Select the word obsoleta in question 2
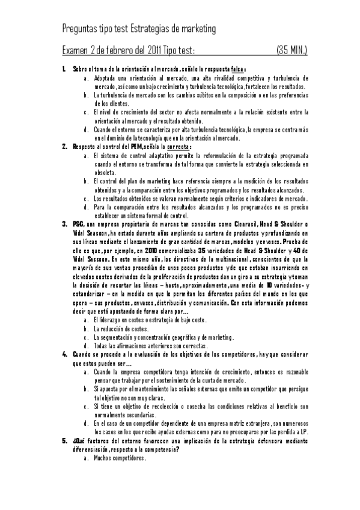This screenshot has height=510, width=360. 105,171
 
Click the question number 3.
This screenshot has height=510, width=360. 64,224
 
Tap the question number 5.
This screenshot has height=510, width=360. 64,441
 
